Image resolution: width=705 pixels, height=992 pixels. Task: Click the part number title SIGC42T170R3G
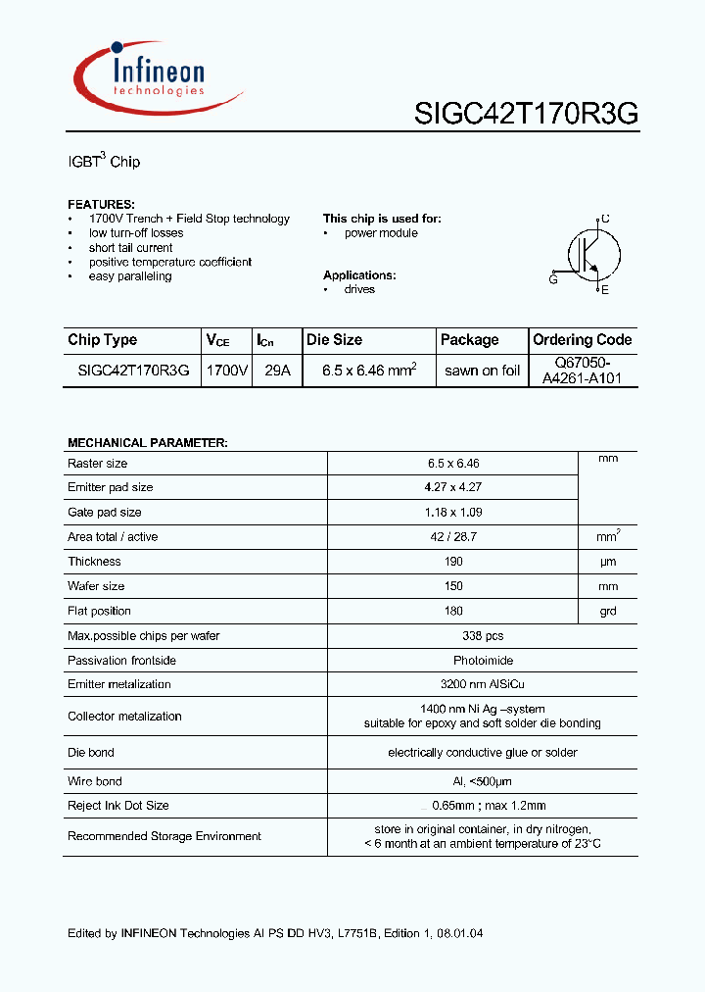tap(526, 115)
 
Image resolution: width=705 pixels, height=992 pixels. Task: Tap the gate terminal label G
tap(553, 279)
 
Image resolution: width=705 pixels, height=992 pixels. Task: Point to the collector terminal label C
tap(605, 219)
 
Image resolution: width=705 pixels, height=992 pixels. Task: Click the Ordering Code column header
tap(583, 340)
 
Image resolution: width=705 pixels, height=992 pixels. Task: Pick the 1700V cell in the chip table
tap(226, 371)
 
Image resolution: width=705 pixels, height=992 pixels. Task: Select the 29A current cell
tap(277, 371)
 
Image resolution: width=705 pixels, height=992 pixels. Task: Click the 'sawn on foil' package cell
tap(482, 371)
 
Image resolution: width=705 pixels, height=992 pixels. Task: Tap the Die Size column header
tap(335, 340)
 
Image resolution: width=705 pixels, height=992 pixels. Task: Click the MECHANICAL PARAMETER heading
tap(148, 443)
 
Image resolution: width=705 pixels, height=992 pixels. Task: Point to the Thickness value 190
tap(452, 562)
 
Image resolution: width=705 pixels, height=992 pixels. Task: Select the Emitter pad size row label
tap(111, 487)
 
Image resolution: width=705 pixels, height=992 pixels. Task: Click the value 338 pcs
tap(452, 635)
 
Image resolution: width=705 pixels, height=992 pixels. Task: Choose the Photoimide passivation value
tap(452, 660)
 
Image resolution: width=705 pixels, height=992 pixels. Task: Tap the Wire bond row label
tap(95, 781)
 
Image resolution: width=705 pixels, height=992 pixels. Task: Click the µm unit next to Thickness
tap(608, 562)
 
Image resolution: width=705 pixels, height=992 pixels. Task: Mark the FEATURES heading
tap(101, 204)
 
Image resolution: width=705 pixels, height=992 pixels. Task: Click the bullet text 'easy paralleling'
tap(130, 276)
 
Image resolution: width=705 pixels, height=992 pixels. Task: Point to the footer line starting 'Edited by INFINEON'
tap(275, 933)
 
